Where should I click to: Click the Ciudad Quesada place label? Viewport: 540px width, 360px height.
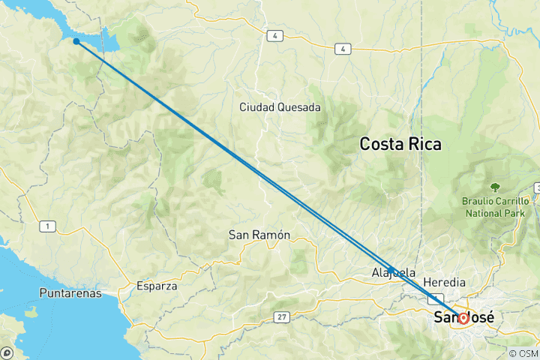[x=280, y=107]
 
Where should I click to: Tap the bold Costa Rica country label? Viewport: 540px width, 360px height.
[x=400, y=143]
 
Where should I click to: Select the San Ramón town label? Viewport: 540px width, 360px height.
[x=259, y=235]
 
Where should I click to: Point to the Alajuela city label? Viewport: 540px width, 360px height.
[x=393, y=273]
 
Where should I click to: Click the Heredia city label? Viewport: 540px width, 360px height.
[x=444, y=282]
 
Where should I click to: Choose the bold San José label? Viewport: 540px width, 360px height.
[x=464, y=317]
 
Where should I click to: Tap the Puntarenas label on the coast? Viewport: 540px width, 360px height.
[x=71, y=293]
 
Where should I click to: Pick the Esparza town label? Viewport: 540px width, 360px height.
[x=157, y=286]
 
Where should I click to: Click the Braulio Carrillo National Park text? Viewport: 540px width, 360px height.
[x=496, y=206]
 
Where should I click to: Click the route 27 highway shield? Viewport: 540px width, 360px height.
[x=282, y=317]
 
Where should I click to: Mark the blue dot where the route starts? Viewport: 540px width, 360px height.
[x=76, y=41]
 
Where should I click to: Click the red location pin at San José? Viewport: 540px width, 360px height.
[x=463, y=318]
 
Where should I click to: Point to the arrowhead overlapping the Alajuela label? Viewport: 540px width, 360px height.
[x=391, y=269]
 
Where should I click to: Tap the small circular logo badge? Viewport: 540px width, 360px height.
[x=7, y=352]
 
